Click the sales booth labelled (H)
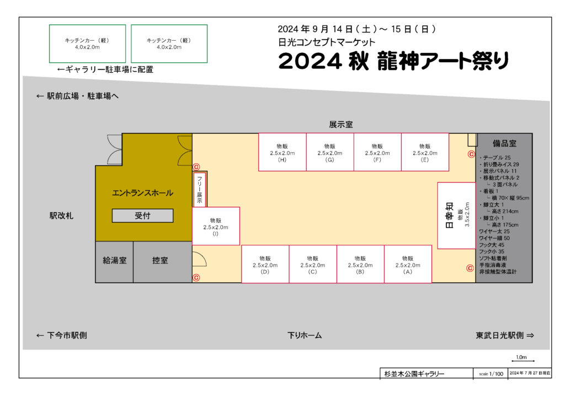[x=282, y=152]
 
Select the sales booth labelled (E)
[x=425, y=152]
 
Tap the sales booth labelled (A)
[x=408, y=264]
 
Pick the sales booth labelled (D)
[x=265, y=264]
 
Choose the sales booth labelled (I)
[x=216, y=226]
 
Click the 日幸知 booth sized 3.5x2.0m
[x=456, y=215]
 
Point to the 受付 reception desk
[x=143, y=215]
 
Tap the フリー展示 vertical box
[x=200, y=190]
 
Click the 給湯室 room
[x=114, y=262]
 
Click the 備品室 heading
[x=504, y=143]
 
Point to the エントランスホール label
[x=143, y=193]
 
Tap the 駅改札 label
[x=61, y=216]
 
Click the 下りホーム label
[x=305, y=335]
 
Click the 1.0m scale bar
[x=523, y=360]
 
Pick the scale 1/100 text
[x=491, y=374]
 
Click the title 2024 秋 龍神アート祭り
[x=393, y=61]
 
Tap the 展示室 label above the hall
[x=341, y=125]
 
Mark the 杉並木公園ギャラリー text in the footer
[x=414, y=374]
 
